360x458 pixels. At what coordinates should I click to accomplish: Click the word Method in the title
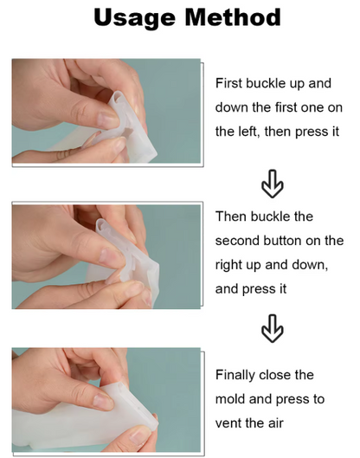point(233,17)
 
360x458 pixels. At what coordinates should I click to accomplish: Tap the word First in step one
point(228,83)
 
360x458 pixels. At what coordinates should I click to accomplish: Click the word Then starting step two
point(231,216)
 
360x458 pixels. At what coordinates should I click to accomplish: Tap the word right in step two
point(228,266)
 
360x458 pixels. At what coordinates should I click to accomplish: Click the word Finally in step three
point(235,375)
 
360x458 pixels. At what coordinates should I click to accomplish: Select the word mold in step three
point(230,399)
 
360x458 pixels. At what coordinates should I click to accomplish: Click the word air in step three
point(275,423)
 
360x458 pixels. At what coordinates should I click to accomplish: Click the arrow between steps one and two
point(272,184)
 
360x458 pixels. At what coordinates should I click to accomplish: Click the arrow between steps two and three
point(272,329)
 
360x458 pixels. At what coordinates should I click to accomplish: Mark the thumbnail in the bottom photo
point(103,402)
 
